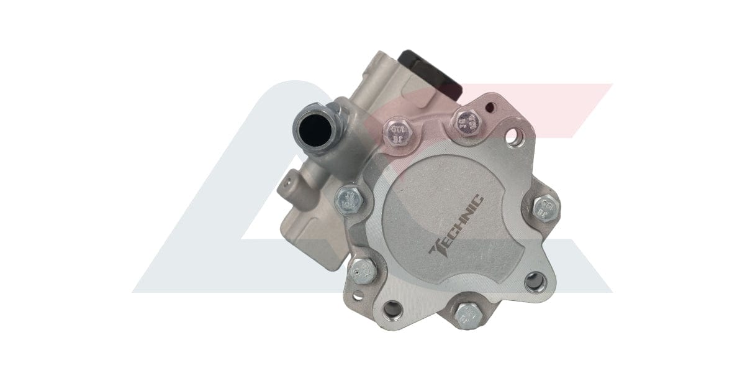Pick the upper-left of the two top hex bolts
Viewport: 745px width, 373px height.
[395, 131]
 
